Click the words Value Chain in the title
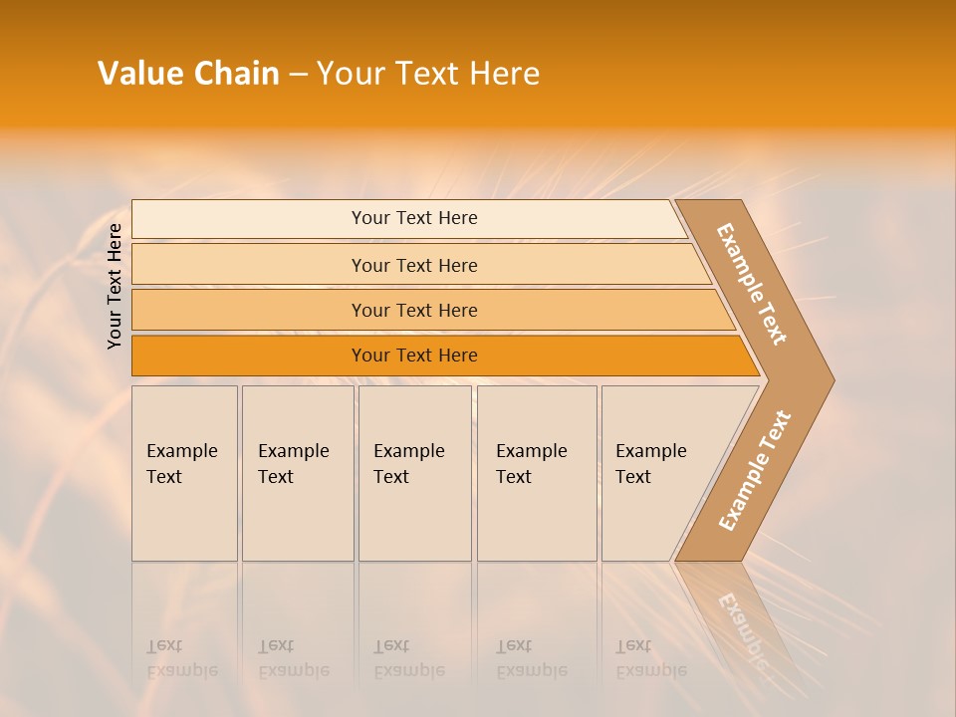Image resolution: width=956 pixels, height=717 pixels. [x=188, y=74]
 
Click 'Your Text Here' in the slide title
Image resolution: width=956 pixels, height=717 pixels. [x=428, y=74]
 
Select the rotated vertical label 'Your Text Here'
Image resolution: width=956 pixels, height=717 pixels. [x=115, y=286]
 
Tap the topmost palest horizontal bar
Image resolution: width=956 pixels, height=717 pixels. [x=414, y=218]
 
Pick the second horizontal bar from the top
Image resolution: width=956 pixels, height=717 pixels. [x=414, y=265]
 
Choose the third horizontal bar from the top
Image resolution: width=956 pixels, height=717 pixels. [x=414, y=310]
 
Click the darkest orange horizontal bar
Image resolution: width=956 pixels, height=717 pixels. [x=414, y=356]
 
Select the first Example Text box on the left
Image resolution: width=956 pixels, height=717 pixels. [x=184, y=473]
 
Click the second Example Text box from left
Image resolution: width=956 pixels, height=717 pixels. [x=297, y=473]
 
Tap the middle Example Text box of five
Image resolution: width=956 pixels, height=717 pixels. [x=414, y=473]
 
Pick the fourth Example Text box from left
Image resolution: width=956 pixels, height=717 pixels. [x=536, y=473]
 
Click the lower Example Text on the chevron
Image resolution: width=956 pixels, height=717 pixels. [x=754, y=471]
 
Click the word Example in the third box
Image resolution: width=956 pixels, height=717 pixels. [x=408, y=451]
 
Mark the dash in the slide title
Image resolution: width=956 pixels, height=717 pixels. [x=298, y=75]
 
